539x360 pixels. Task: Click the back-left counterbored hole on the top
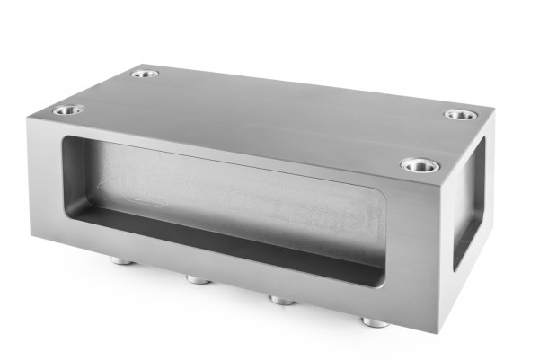pyautogui.click(x=144, y=74)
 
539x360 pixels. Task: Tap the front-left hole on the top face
pyautogui.click(x=67, y=110)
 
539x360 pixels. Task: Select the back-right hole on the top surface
pyautogui.click(x=459, y=115)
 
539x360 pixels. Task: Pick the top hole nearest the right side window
pyautogui.click(x=420, y=165)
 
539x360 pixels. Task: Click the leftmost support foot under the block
pyautogui.click(x=119, y=261)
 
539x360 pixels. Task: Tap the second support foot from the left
pyautogui.click(x=199, y=279)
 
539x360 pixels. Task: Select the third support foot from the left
pyautogui.click(x=283, y=299)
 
